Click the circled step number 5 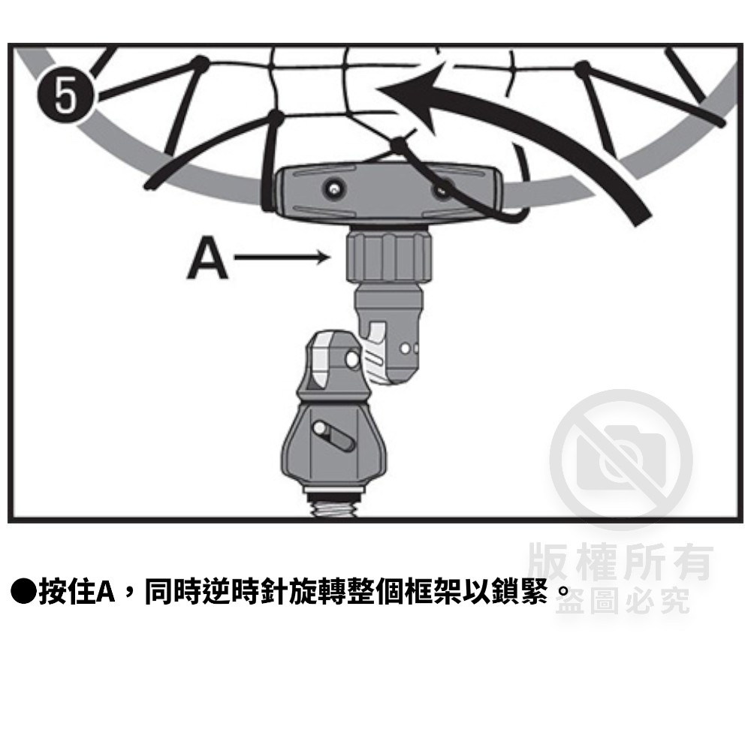[66, 95]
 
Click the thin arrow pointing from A [282, 258]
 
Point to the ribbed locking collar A [389, 255]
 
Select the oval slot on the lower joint [333, 435]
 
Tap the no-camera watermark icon [621, 460]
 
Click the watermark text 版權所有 [620, 561]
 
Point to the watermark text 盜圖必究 [623, 601]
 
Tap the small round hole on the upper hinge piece [405, 348]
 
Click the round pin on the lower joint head [352, 359]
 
